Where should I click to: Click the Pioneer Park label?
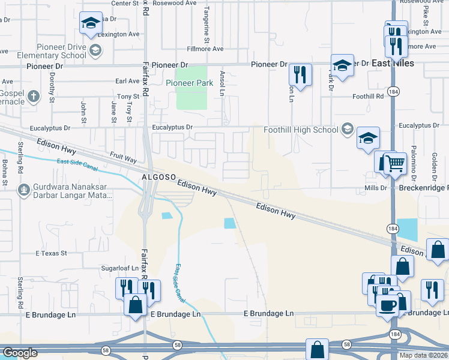click(189, 83)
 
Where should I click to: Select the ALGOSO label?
click(158, 178)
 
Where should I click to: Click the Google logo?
click(20, 353)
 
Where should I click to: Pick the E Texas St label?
click(51, 253)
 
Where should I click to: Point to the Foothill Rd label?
click(368, 96)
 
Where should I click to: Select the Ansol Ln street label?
click(222, 82)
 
